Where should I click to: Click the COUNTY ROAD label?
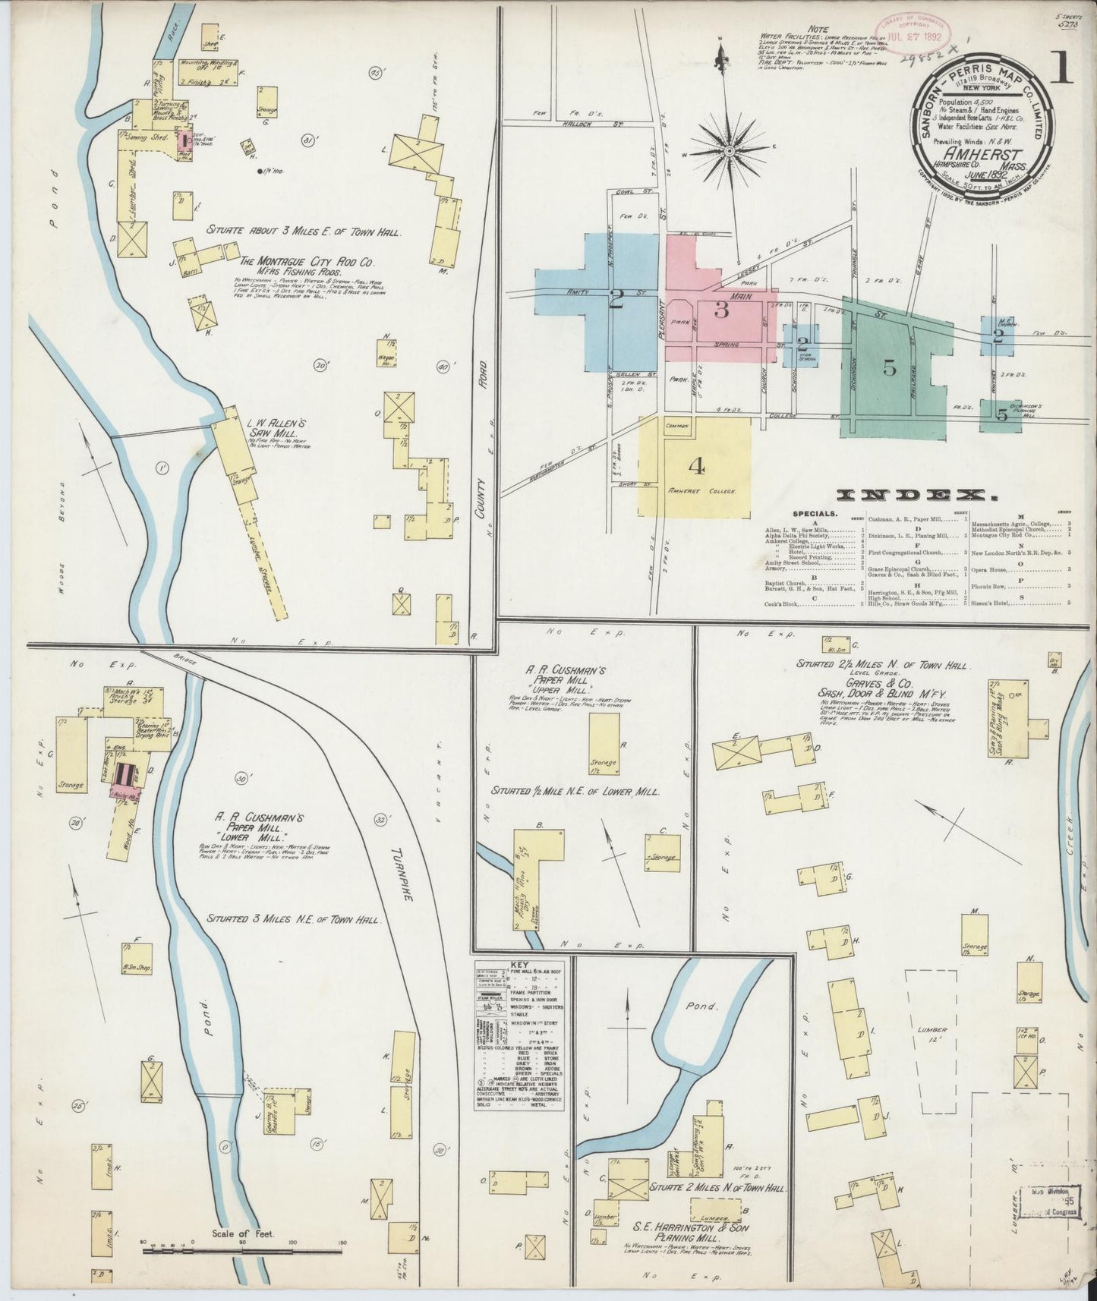[481, 480]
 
